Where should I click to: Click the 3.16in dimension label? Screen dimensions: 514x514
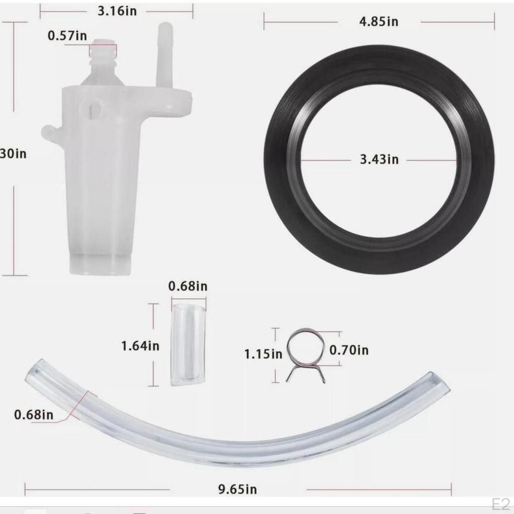point(117,11)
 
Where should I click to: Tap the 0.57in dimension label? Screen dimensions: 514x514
point(67,36)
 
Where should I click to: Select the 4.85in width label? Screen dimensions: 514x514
point(379,22)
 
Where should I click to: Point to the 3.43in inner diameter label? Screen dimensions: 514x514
point(379,160)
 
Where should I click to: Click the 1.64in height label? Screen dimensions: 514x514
point(140,346)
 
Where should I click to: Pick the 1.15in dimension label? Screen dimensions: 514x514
point(263,354)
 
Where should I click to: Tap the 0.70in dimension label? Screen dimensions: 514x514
point(349,350)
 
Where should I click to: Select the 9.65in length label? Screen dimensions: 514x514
point(237,489)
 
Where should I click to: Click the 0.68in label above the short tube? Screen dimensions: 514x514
point(188,287)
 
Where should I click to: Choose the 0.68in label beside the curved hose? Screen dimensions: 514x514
point(34,415)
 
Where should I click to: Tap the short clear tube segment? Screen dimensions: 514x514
point(188,344)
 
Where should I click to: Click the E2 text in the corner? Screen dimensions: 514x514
point(500,504)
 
